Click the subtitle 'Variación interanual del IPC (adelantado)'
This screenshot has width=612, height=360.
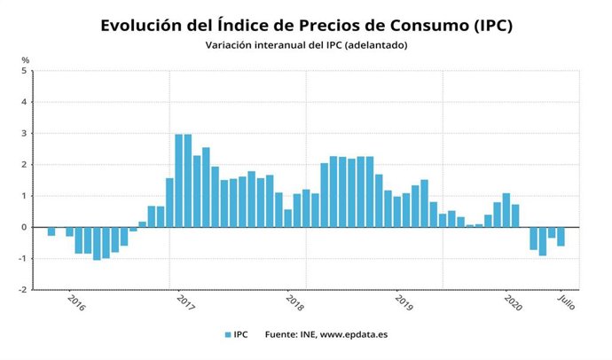coord(306,45)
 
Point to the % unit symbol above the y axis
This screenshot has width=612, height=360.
coord(26,60)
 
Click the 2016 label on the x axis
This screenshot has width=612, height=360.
coord(76,303)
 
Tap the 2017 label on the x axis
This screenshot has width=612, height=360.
coord(184,303)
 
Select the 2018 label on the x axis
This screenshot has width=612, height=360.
coord(294,303)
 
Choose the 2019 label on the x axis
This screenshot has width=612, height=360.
coord(404,303)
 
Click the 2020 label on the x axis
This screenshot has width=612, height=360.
coord(513,303)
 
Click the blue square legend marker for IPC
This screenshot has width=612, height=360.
coord(228,335)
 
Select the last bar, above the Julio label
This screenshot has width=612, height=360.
coord(561,237)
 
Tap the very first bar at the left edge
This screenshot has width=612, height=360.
coord(51,231)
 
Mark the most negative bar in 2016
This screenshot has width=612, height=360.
coord(97,243)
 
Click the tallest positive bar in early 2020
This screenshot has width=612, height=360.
coord(506,210)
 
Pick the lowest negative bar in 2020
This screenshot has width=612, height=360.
coord(543,241)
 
